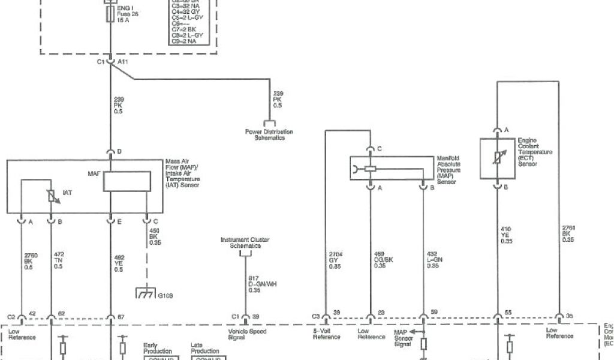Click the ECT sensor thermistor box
point(496,158)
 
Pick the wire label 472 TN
point(59,261)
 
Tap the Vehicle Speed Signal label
point(247,334)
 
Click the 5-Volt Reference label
point(327,334)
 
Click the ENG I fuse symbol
point(110,14)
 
